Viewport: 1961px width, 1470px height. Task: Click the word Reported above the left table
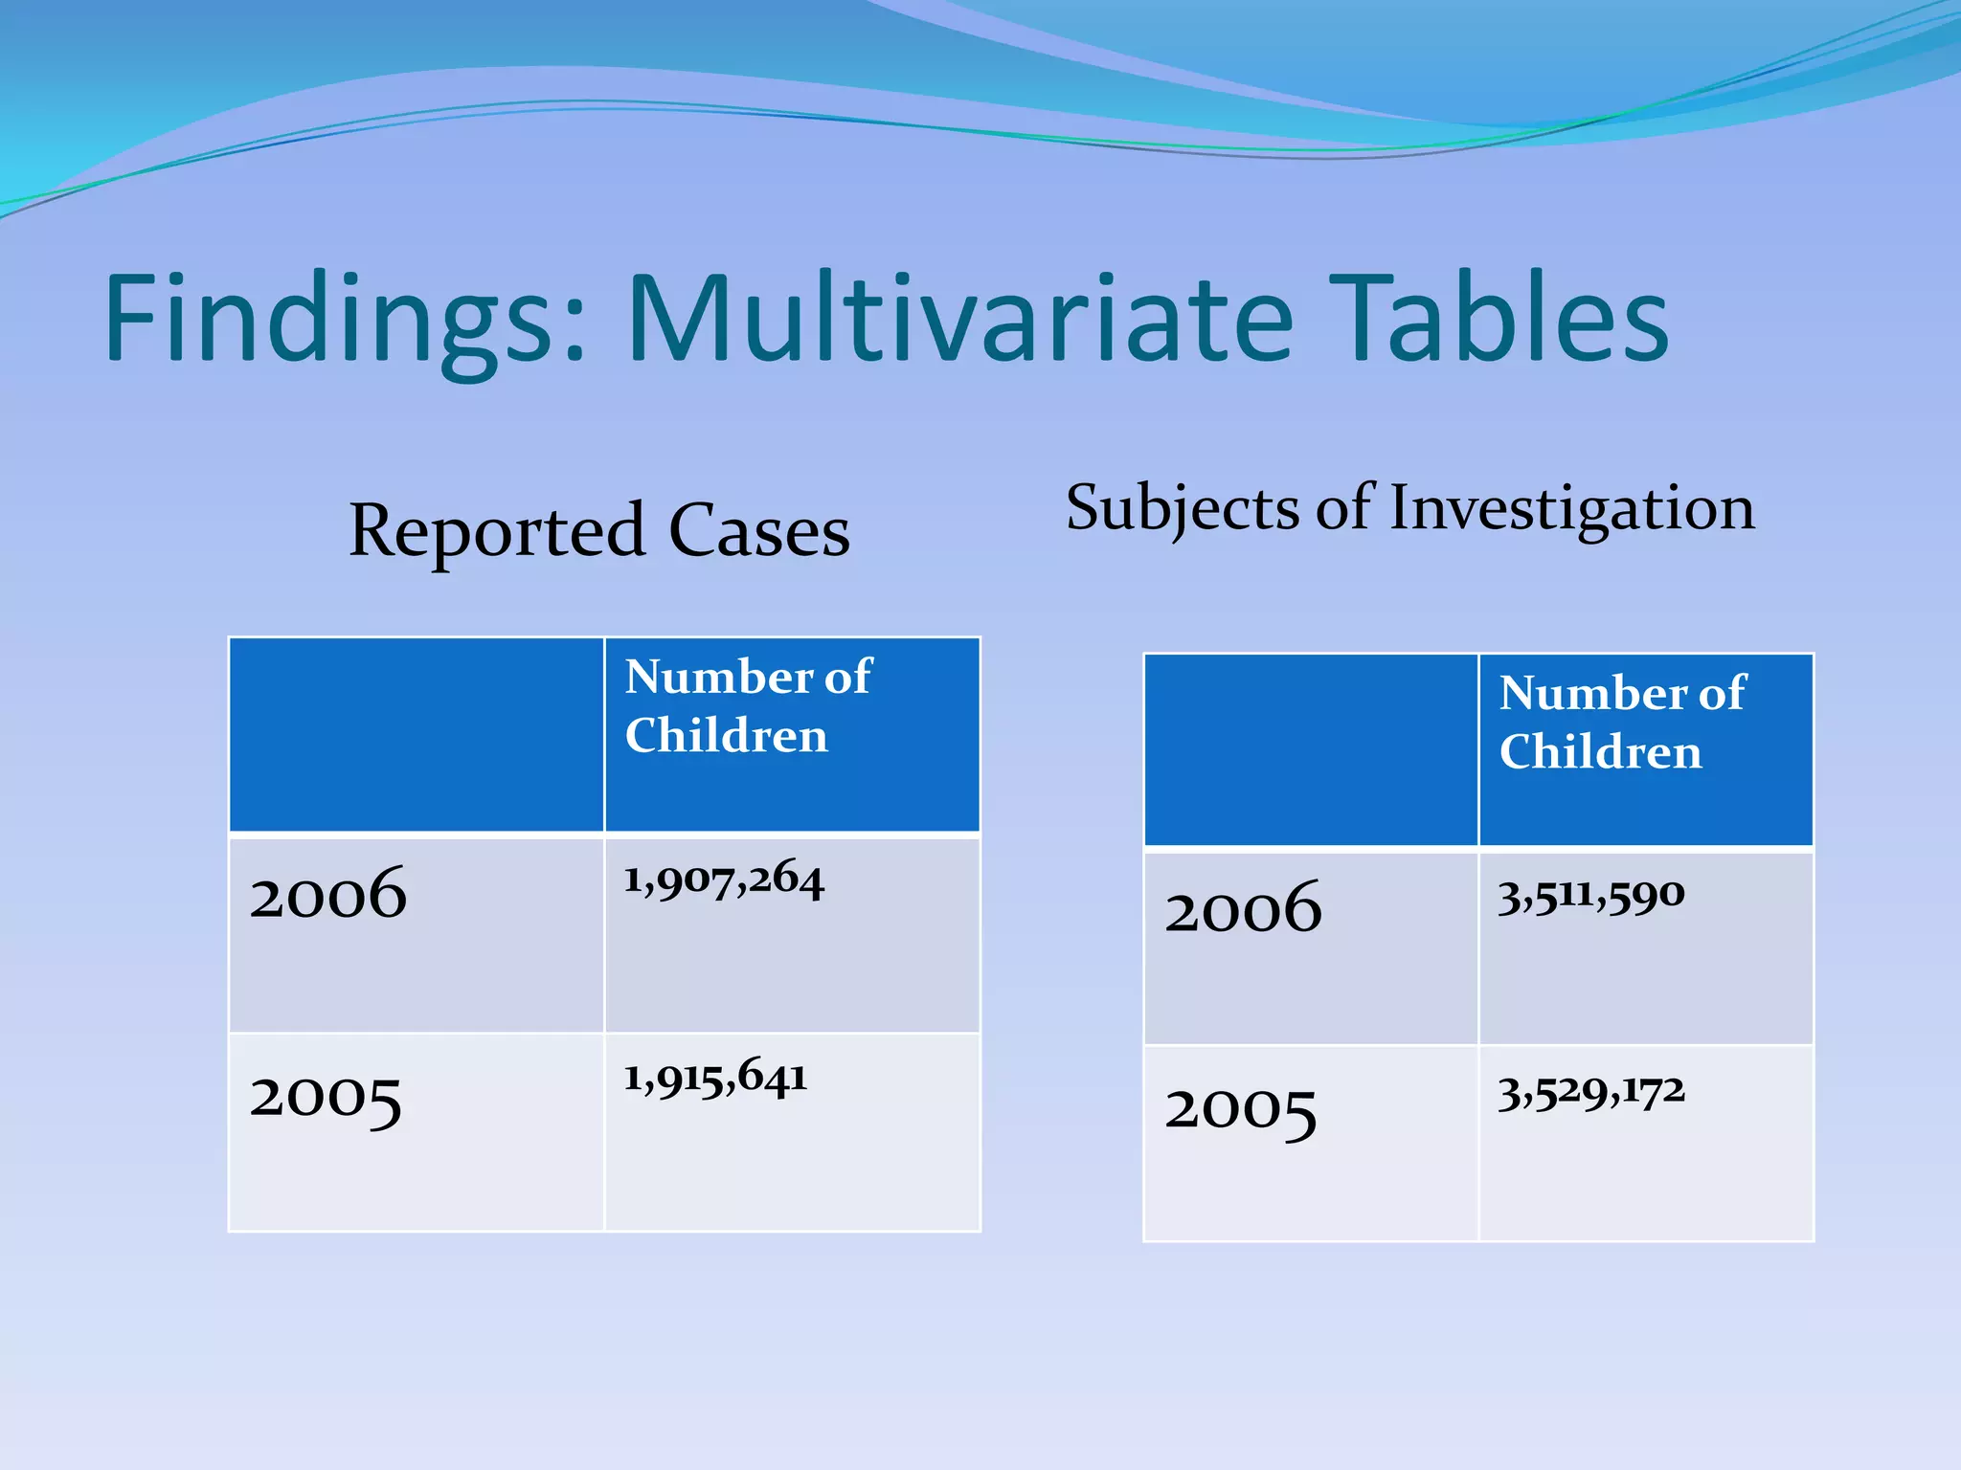click(x=497, y=531)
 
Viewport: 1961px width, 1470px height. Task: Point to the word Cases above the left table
click(x=759, y=531)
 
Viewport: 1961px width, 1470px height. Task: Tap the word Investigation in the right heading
click(x=1572, y=509)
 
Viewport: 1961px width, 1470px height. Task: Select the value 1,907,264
click(x=723, y=879)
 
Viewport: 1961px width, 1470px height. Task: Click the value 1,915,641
click(x=715, y=1078)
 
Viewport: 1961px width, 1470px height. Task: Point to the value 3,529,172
click(x=1590, y=1092)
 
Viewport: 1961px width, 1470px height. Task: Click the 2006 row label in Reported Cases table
click(x=328, y=894)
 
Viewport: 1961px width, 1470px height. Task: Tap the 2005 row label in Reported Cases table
click(x=326, y=1098)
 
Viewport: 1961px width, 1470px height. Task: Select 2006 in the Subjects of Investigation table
click(x=1243, y=908)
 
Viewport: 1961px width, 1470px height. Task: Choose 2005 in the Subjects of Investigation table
click(x=1241, y=1111)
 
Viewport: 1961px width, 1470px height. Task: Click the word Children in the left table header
click(x=726, y=736)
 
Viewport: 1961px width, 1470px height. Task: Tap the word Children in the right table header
click(x=1600, y=752)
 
